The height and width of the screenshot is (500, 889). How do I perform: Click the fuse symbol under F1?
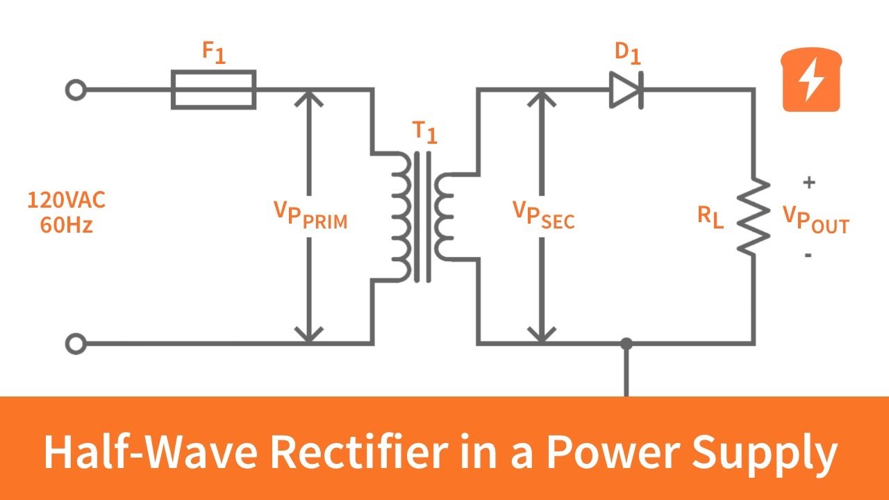click(213, 90)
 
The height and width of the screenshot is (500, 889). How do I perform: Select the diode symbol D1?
click(626, 90)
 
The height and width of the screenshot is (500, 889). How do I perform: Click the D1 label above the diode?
click(627, 53)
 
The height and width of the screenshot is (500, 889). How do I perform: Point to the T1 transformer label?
click(424, 131)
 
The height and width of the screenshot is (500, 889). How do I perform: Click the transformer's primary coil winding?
click(401, 216)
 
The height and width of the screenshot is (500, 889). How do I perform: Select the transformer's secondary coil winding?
click(444, 216)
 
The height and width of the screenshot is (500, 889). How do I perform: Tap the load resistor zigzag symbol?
click(754, 216)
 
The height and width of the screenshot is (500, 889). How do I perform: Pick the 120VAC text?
click(66, 201)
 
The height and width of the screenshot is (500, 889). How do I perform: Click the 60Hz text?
click(66, 226)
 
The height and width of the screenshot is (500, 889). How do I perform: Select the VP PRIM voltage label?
click(310, 215)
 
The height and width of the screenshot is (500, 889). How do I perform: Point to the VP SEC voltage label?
click(543, 215)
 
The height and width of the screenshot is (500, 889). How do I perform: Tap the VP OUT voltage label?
click(815, 219)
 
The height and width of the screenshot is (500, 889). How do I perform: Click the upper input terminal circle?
click(76, 90)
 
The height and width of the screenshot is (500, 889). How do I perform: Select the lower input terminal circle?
click(76, 343)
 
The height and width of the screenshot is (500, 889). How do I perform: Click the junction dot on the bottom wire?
click(626, 343)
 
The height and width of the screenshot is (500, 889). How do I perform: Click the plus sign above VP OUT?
click(808, 183)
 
